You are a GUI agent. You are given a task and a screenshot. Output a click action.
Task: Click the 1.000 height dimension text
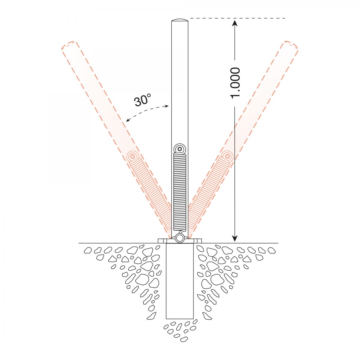235,83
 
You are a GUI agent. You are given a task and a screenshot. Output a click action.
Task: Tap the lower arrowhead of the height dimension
235,238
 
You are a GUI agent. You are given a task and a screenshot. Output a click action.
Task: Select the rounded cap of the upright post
180,20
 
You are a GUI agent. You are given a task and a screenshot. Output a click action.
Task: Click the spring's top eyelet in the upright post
180,149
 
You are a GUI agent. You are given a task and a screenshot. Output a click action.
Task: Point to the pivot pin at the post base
180,238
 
